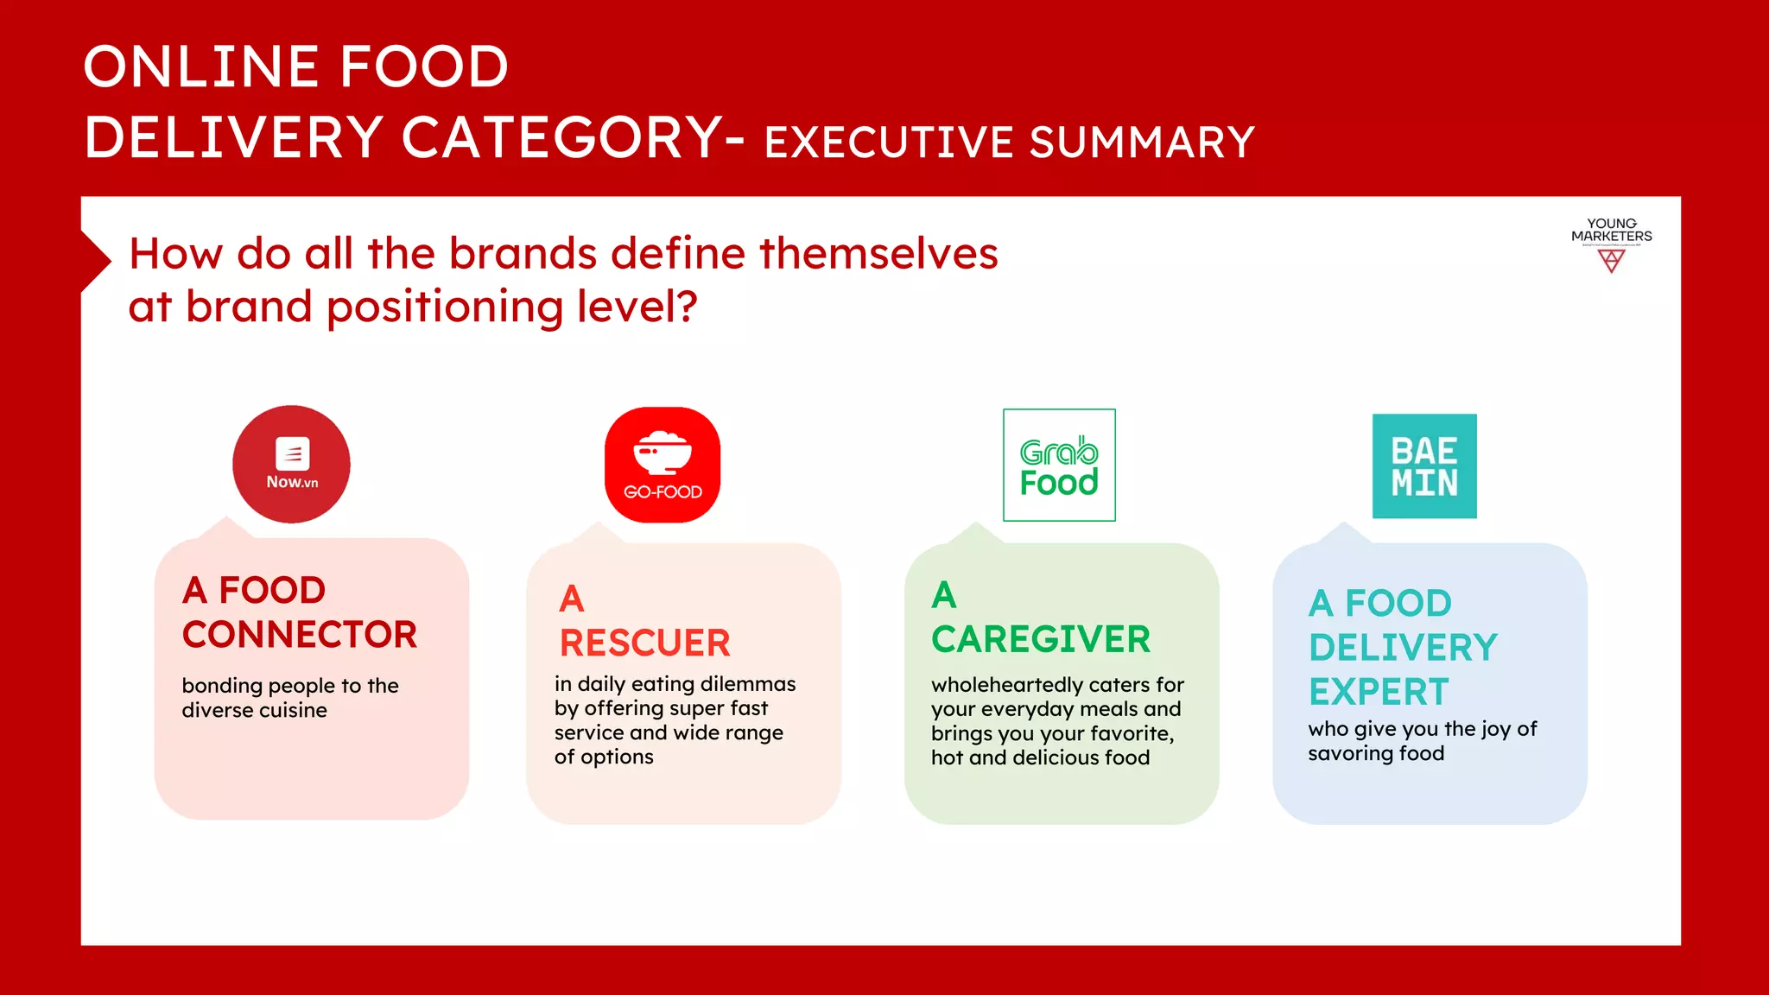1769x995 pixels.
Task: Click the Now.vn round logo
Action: [x=291, y=465]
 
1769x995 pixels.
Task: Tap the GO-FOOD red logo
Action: [x=663, y=465]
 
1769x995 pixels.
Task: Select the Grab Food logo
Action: [x=1059, y=466]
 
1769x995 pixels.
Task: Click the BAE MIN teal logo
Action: [x=1424, y=466]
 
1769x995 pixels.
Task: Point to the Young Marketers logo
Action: [x=1611, y=245]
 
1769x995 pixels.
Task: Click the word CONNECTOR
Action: [x=300, y=635]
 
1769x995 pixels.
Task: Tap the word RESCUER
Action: [x=644, y=643]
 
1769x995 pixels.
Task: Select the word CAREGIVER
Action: [x=1041, y=640]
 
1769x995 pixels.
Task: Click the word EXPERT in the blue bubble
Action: [x=1379, y=693]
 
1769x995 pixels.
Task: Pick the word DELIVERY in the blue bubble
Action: [x=1403, y=648]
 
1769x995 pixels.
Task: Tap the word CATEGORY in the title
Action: [x=562, y=138]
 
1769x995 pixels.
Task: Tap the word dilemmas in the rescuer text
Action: [x=748, y=684]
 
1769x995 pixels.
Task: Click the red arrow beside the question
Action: [x=96, y=261]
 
